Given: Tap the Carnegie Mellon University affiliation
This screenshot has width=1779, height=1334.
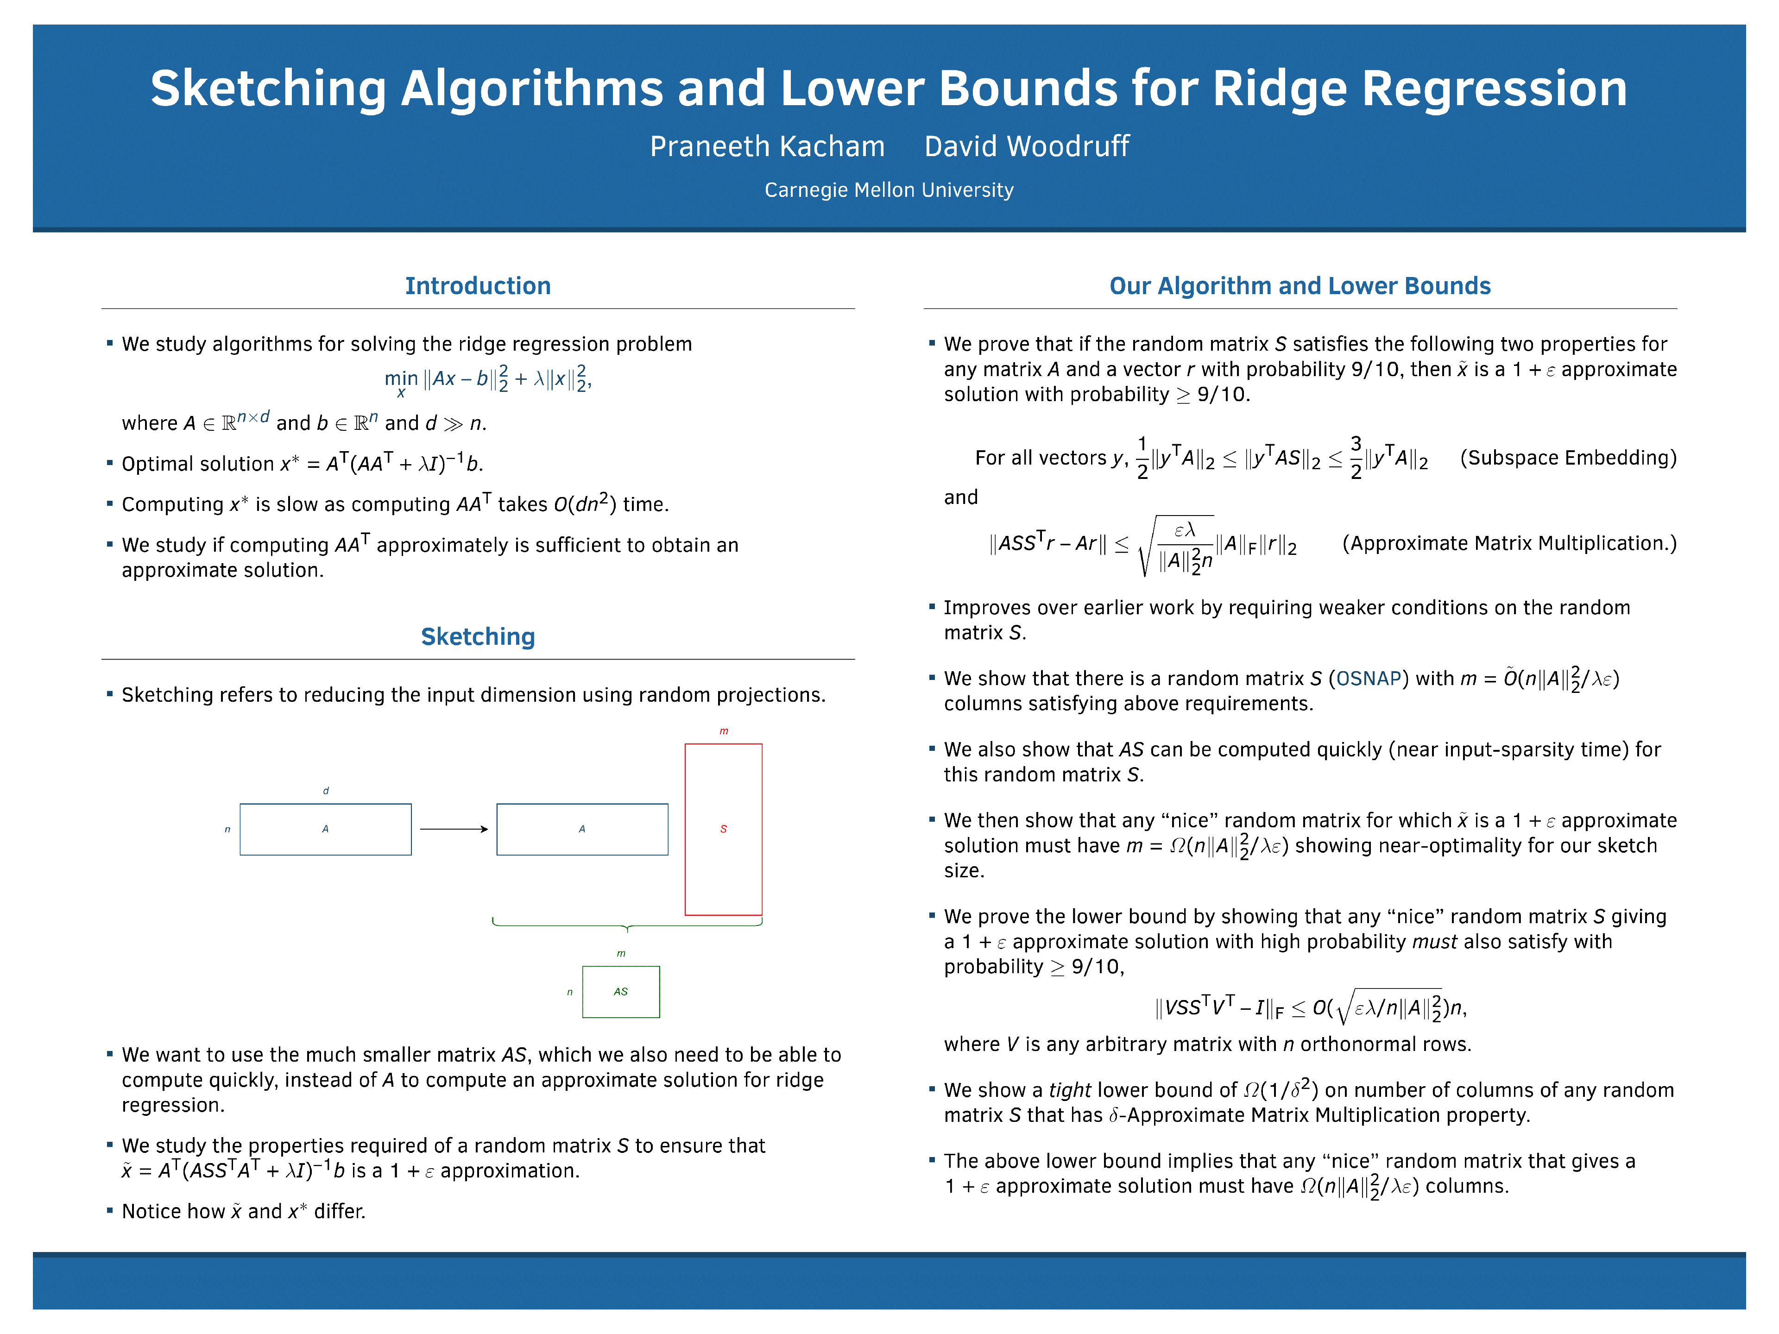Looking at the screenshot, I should click(889, 190).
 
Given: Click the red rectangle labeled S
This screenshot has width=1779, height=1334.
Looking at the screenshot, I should click(723, 829).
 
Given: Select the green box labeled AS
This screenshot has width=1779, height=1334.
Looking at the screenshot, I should click(621, 991).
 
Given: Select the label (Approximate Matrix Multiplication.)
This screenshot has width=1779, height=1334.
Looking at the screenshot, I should click(1509, 544).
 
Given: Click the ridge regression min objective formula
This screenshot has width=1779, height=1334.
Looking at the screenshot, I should click(487, 379).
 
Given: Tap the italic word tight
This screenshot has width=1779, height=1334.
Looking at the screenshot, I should click(1070, 1090).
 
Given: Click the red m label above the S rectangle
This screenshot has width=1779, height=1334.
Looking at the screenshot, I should click(724, 731).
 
